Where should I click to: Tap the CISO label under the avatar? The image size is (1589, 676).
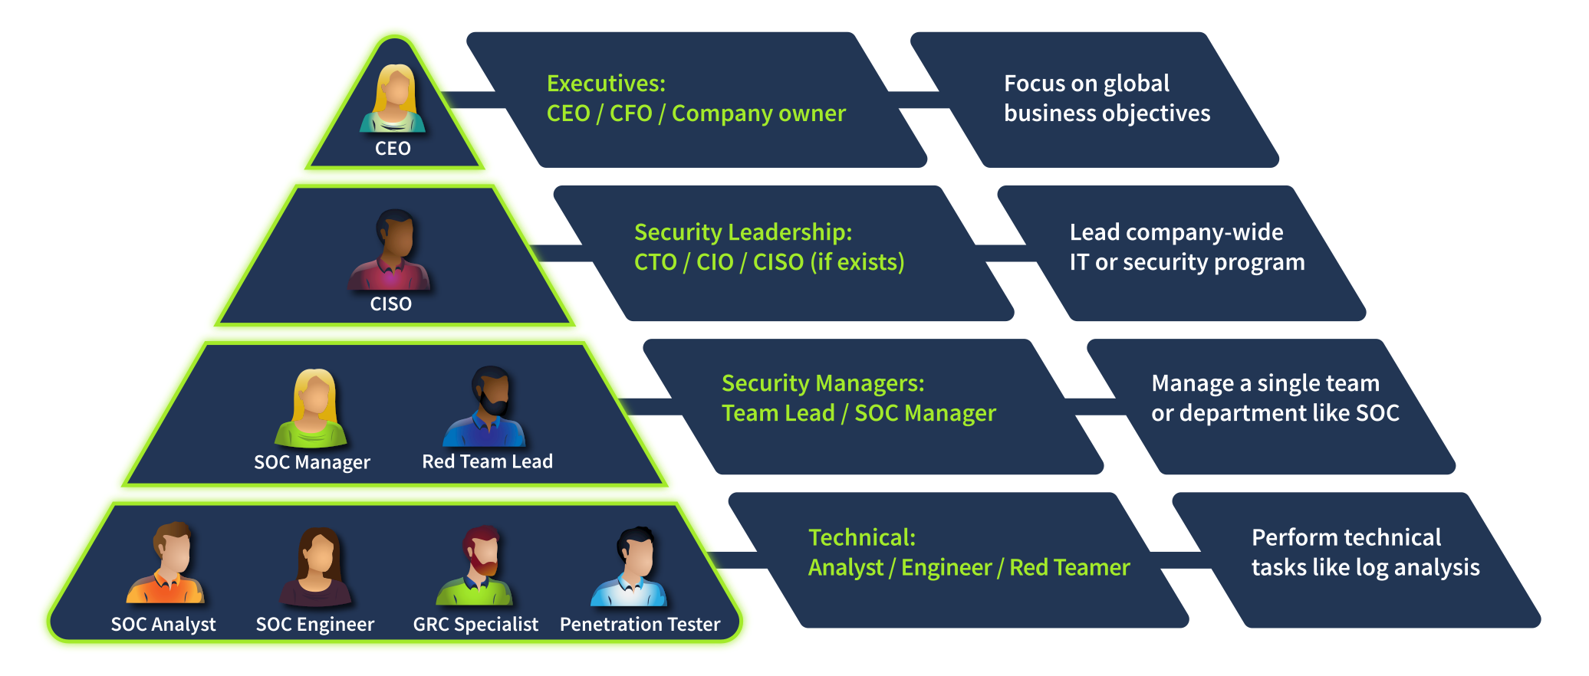pyautogui.click(x=391, y=304)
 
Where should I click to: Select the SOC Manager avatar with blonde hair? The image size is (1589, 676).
pyautogui.click(x=312, y=408)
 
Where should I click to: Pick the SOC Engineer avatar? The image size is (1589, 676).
pyautogui.click(x=316, y=567)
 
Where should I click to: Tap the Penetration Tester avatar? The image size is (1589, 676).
pyautogui.click(x=631, y=567)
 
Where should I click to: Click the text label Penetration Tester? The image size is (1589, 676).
pyautogui.click(x=640, y=625)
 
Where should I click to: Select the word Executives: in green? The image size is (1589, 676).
pyautogui.click(x=606, y=84)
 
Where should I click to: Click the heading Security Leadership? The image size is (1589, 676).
pyautogui.click(x=742, y=232)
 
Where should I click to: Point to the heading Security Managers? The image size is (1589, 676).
pyautogui.click(x=823, y=383)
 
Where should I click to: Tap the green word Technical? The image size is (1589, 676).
pyautogui.click(x=862, y=538)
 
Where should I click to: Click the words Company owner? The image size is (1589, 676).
pyautogui.click(x=758, y=113)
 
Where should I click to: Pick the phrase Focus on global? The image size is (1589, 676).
pyautogui.click(x=1087, y=84)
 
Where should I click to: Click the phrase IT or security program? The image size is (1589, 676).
pyautogui.click(x=1187, y=262)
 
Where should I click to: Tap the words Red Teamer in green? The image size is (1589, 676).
pyautogui.click(x=1070, y=568)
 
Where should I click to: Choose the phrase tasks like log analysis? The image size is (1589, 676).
pyautogui.click(x=1365, y=568)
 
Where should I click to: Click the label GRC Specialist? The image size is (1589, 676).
pyautogui.click(x=475, y=625)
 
